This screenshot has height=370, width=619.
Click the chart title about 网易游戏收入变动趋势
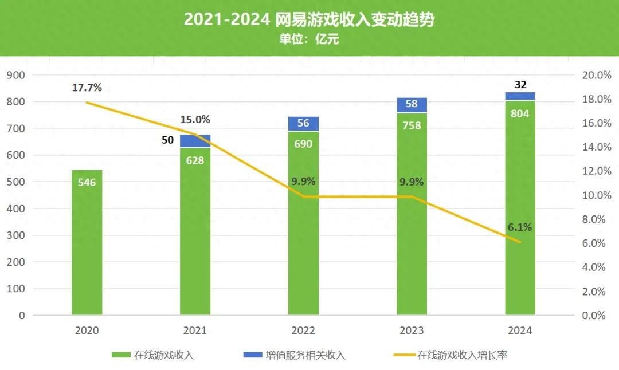click(x=309, y=20)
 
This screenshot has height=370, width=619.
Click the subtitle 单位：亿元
click(x=309, y=40)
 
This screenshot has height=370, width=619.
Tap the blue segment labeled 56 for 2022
click(x=303, y=124)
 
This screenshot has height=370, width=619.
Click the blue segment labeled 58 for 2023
click(x=412, y=105)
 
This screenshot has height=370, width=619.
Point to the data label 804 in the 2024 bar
click(x=520, y=113)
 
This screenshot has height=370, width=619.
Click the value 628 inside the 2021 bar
click(x=195, y=160)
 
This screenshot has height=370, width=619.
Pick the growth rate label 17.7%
click(x=87, y=88)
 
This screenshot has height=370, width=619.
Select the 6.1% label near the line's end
click(x=519, y=227)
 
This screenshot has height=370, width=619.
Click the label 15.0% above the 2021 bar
click(x=195, y=120)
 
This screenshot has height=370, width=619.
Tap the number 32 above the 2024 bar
click(x=520, y=85)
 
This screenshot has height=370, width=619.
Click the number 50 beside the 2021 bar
click(x=167, y=140)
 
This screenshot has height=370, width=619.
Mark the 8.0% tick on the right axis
click(x=596, y=219)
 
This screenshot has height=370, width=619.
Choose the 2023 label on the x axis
click(x=412, y=331)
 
